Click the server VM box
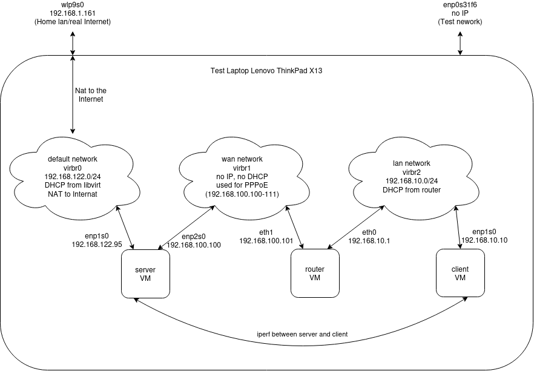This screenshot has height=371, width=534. click(x=145, y=273)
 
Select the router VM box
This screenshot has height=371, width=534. click(x=314, y=273)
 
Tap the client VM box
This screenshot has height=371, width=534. click(x=460, y=273)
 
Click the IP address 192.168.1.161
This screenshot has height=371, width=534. click(x=73, y=13)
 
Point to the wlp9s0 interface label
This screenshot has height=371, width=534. click(x=73, y=4)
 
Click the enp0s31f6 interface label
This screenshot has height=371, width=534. click(x=461, y=4)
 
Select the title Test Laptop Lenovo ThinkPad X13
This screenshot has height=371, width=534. click(x=266, y=71)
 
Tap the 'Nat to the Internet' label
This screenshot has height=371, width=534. click(x=90, y=94)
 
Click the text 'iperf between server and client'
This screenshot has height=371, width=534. click(x=303, y=334)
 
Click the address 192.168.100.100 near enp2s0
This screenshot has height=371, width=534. click(x=194, y=245)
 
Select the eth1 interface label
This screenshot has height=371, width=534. click(x=267, y=232)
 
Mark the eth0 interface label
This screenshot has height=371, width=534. click(x=369, y=232)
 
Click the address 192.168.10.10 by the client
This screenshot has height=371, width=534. click(x=484, y=240)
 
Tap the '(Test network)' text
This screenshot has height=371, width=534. click(x=461, y=22)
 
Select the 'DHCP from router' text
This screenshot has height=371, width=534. click(x=411, y=189)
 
